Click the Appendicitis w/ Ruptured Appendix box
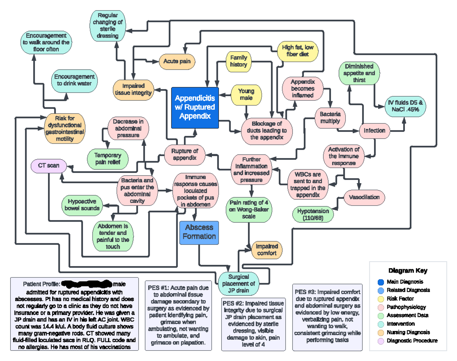click(x=195, y=107)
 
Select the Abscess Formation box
click(x=199, y=232)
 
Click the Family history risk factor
click(x=238, y=61)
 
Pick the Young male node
click(x=246, y=94)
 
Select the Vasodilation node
click(x=364, y=197)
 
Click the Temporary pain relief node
click(x=107, y=159)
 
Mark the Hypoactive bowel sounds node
click(x=82, y=204)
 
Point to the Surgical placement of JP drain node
click(x=238, y=284)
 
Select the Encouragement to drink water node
click(x=74, y=80)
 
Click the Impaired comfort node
click(x=267, y=250)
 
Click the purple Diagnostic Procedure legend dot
click(x=380, y=341)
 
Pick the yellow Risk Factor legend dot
click(x=380, y=299)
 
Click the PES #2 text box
click(x=253, y=324)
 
